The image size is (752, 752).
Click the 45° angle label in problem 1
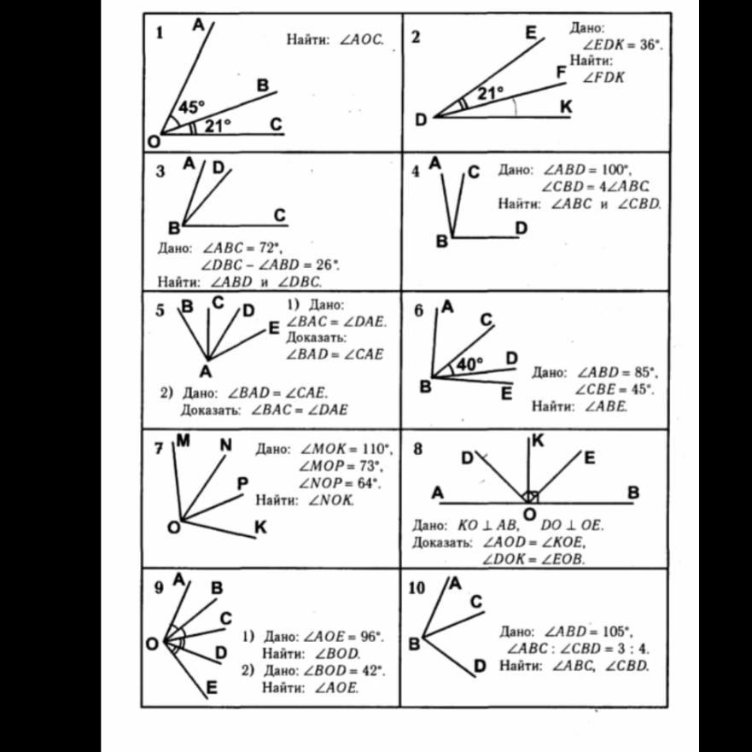[x=190, y=107]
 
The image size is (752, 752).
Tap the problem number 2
[x=416, y=37]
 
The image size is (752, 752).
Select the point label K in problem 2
[x=565, y=106]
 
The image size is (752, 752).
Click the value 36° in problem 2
[x=650, y=44]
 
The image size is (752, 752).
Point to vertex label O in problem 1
[x=153, y=141]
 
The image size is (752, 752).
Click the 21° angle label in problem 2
[x=491, y=92]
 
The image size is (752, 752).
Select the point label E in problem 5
[x=273, y=327]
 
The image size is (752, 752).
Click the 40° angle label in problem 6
[x=469, y=364]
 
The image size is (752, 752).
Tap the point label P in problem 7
[x=242, y=484]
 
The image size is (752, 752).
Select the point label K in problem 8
[x=538, y=441]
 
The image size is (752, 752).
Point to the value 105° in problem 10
[x=614, y=632]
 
